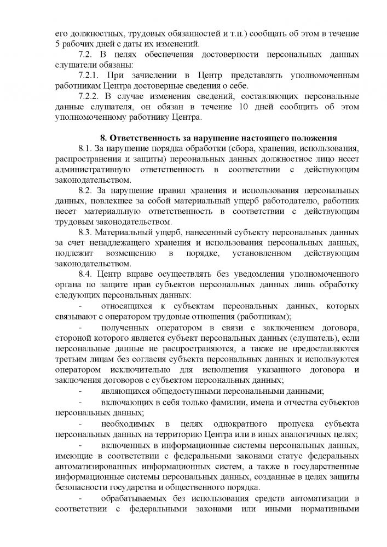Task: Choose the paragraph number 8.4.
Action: coord(86,273)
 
